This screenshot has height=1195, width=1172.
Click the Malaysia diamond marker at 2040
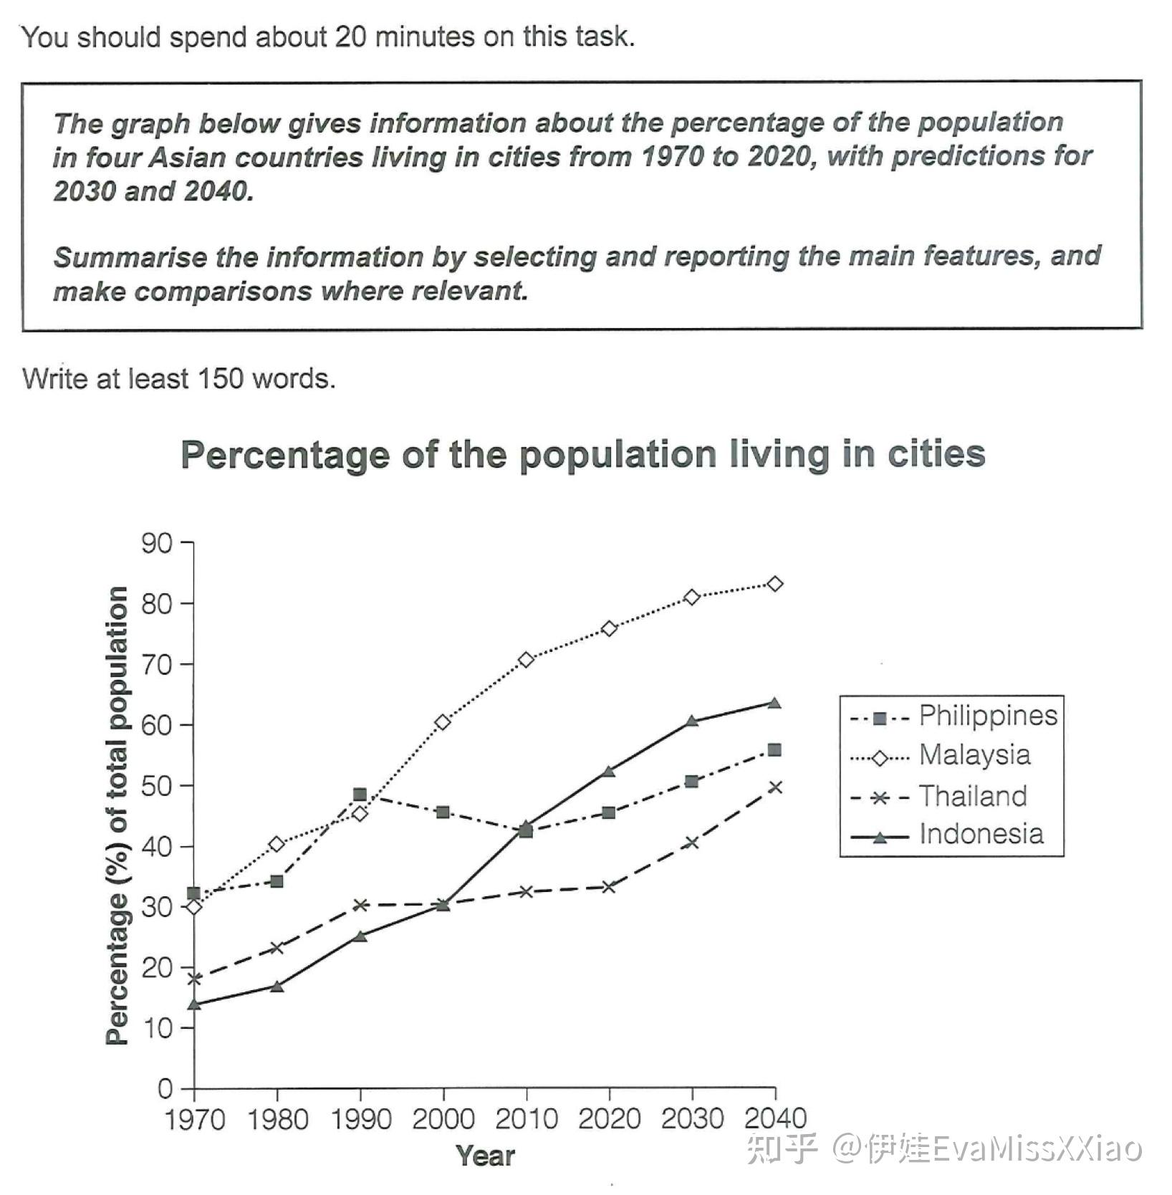pos(774,584)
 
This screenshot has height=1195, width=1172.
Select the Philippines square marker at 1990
pos(360,795)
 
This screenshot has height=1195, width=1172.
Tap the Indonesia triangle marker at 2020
pos(609,772)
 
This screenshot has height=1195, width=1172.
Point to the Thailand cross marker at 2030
pos(691,843)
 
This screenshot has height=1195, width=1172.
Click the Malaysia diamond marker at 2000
pos(443,722)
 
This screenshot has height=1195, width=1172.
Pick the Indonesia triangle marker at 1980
pos(277,987)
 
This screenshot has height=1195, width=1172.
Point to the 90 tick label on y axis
pos(157,544)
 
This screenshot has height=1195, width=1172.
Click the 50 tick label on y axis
pos(157,786)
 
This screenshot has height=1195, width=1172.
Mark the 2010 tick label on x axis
pos(526,1118)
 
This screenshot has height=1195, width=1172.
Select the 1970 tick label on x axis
pos(195,1118)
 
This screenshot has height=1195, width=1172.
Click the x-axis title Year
pos(485,1156)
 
